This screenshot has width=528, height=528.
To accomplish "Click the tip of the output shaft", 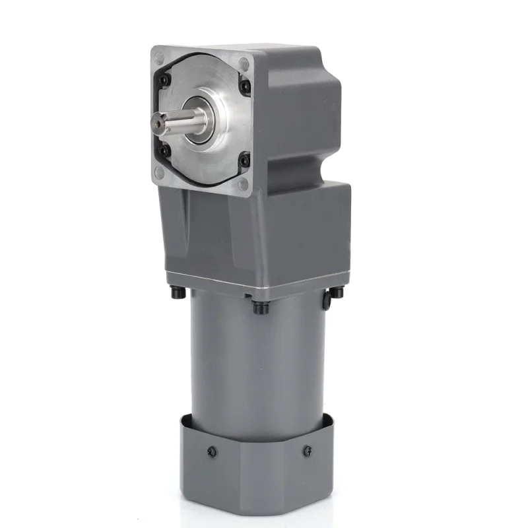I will click(156, 122).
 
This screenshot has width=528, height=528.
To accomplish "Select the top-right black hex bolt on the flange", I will click(245, 86).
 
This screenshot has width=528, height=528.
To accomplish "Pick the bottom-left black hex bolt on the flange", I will click(166, 151).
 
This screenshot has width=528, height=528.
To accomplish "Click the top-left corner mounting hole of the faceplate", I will click(159, 58).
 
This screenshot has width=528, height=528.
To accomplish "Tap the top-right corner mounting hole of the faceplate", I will click(244, 65).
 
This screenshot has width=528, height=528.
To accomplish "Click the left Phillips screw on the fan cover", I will click(211, 452).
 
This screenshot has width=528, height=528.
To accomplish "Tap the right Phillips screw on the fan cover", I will click(308, 451).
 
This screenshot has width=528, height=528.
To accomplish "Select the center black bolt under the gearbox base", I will click(258, 307).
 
